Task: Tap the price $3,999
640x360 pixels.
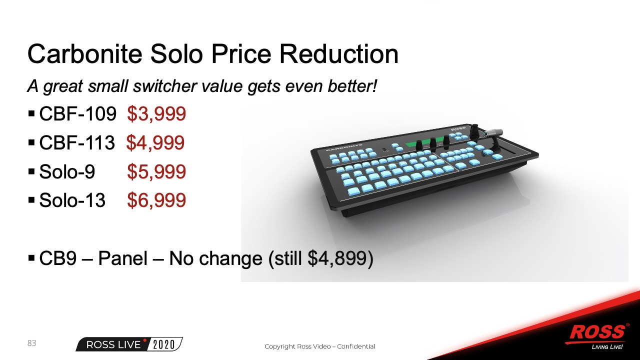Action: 156,114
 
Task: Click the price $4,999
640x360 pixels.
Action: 155,143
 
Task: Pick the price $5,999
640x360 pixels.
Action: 156,171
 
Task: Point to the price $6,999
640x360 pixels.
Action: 156,200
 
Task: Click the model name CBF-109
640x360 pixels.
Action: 77,113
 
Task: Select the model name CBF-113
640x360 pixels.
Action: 77,142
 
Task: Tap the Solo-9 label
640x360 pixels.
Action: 67,171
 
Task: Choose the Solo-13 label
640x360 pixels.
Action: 72,200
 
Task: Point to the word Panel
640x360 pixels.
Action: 123,258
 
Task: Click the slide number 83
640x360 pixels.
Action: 31,343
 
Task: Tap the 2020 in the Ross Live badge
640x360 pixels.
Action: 164,345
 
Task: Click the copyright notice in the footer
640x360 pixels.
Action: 320,346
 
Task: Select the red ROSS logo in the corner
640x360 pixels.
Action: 597,333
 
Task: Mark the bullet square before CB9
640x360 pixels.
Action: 31,258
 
